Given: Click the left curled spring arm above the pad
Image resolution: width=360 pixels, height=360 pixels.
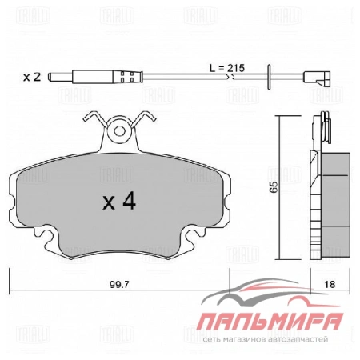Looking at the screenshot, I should (94, 121).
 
